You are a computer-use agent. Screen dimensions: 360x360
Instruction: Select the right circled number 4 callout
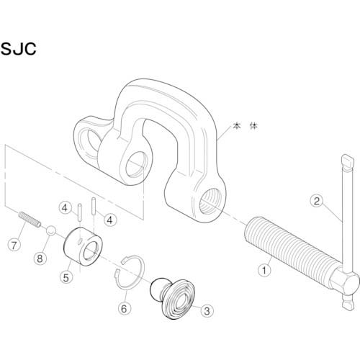pos(109,219)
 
